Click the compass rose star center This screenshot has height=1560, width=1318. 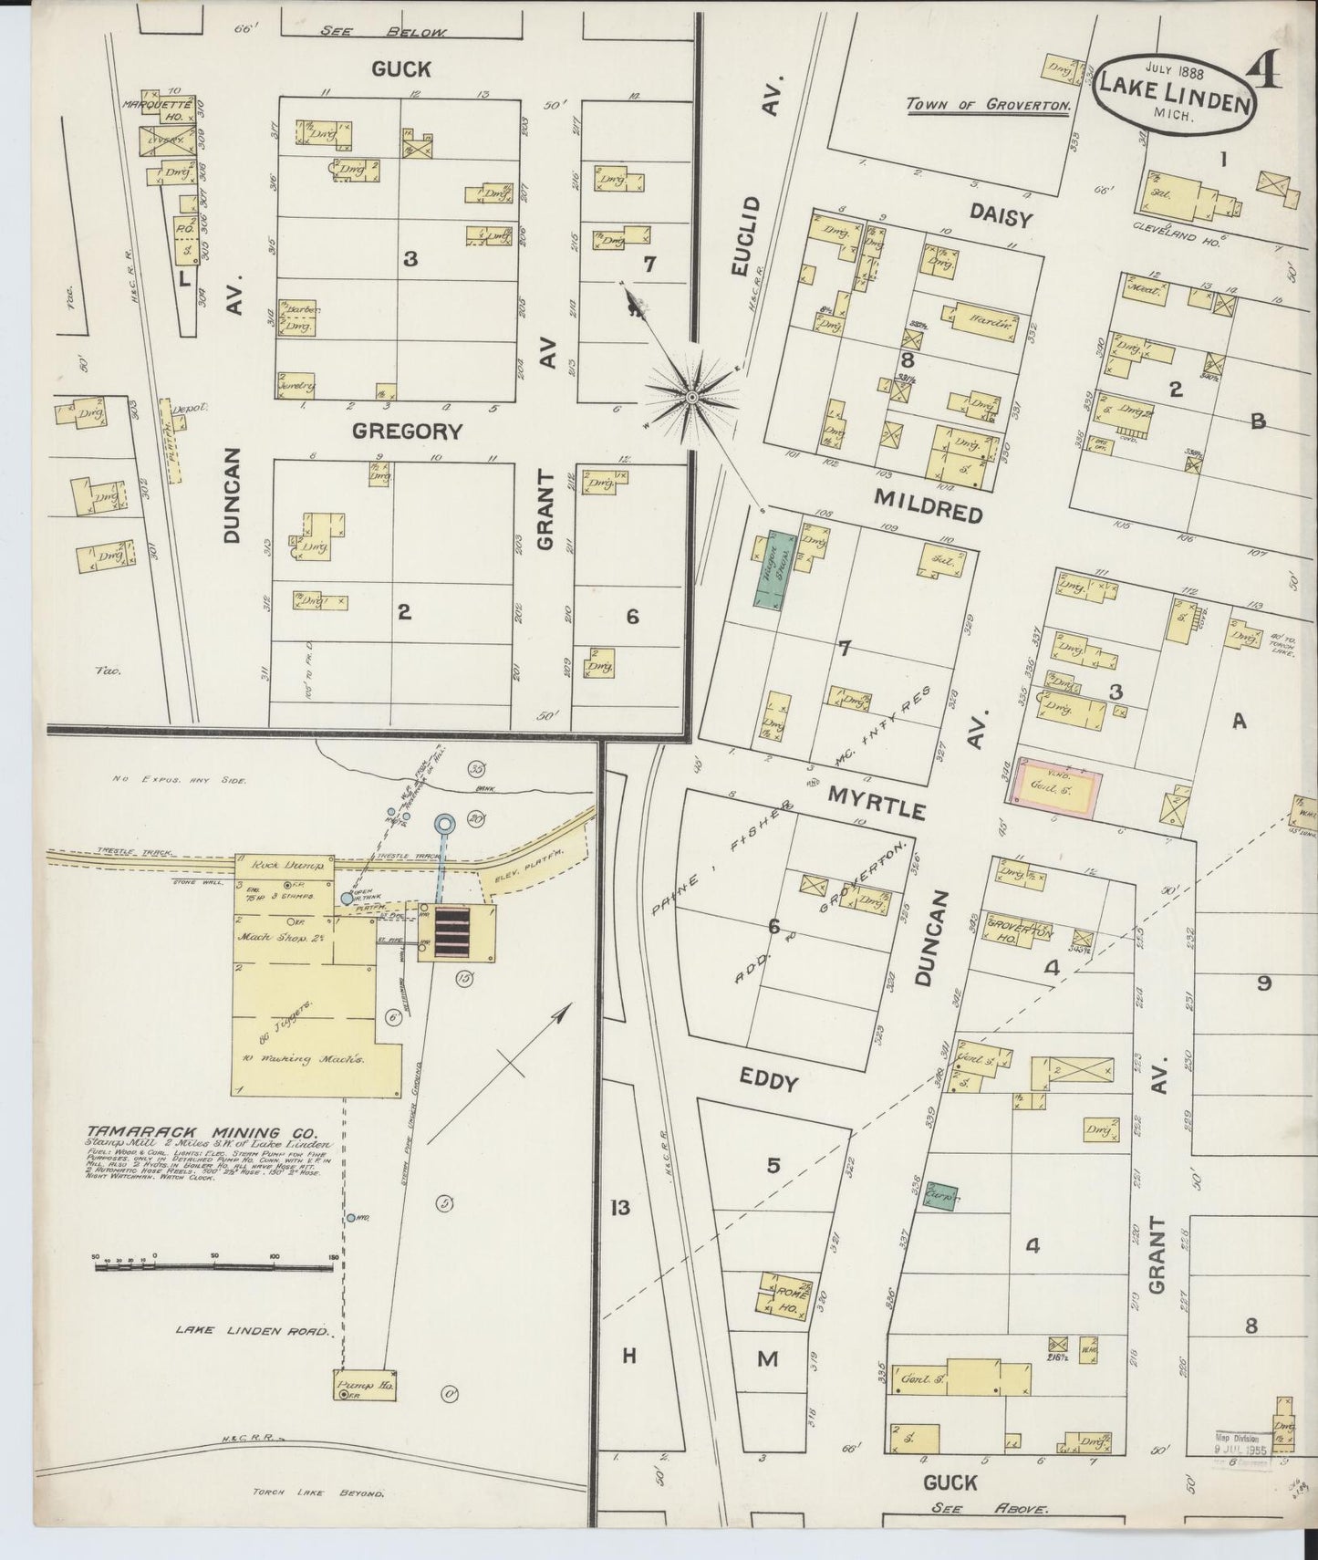tap(691, 398)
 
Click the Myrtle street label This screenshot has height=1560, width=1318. tap(877, 803)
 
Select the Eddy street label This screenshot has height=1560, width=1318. tap(769, 1081)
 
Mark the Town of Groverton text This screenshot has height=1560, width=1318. tap(987, 105)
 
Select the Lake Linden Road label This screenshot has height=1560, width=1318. tap(253, 1331)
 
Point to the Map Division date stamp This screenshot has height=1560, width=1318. tap(1240, 1442)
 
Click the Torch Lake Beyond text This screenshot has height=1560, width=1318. tap(318, 1493)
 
